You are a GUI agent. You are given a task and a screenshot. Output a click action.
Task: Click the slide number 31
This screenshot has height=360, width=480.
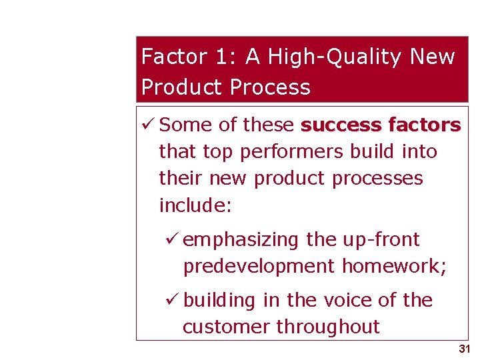coord(465,349)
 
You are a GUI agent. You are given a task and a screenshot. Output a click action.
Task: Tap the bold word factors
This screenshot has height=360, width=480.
coord(423,125)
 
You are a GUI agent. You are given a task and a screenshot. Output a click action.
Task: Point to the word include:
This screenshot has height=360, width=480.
coord(195,205)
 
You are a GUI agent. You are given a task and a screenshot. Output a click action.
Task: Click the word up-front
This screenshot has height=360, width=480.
coord(381,239)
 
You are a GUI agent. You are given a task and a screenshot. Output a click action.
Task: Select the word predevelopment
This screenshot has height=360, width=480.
coord(259,266)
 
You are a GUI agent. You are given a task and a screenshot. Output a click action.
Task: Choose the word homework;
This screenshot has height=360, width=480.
coord(394,266)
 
